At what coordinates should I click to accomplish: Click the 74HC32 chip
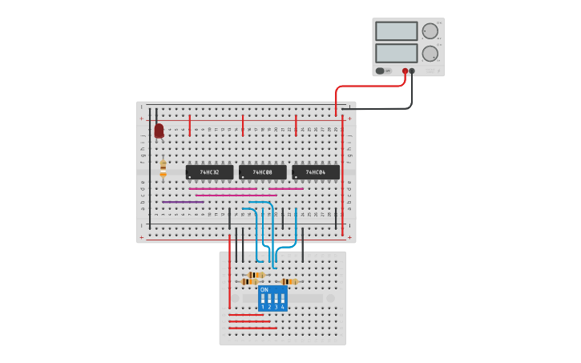(x=209, y=172)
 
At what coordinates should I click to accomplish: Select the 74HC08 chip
(x=262, y=172)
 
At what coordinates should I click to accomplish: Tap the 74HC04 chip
(x=315, y=172)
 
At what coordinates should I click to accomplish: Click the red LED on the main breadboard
(x=159, y=130)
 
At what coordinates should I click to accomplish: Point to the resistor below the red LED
(x=163, y=167)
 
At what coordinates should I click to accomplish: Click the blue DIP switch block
(x=272, y=298)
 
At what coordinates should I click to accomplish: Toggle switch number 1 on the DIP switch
(x=262, y=300)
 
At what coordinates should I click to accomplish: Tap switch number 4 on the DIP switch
(x=282, y=300)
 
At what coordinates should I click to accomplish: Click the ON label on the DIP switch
(x=264, y=289)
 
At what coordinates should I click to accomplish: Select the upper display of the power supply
(x=396, y=31)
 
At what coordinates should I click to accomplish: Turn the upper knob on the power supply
(x=430, y=31)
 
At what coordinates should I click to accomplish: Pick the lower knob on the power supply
(x=430, y=54)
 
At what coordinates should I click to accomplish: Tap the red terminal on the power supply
(x=405, y=71)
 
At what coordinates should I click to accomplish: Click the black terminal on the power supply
(x=413, y=71)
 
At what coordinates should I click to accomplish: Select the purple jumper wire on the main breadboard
(x=183, y=202)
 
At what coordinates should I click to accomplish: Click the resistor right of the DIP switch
(x=289, y=282)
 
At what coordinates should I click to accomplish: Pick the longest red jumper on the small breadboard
(x=253, y=328)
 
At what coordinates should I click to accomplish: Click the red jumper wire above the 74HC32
(x=190, y=125)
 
